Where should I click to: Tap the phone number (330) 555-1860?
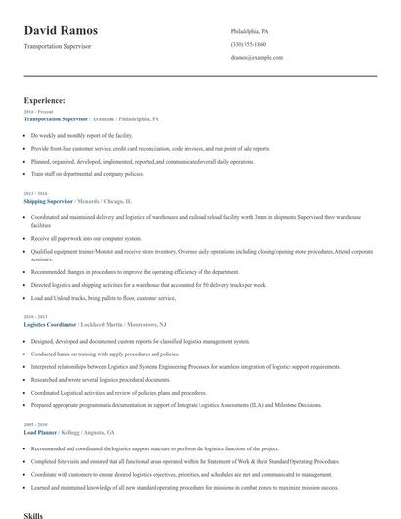249,44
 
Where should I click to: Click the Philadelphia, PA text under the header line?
249,31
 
